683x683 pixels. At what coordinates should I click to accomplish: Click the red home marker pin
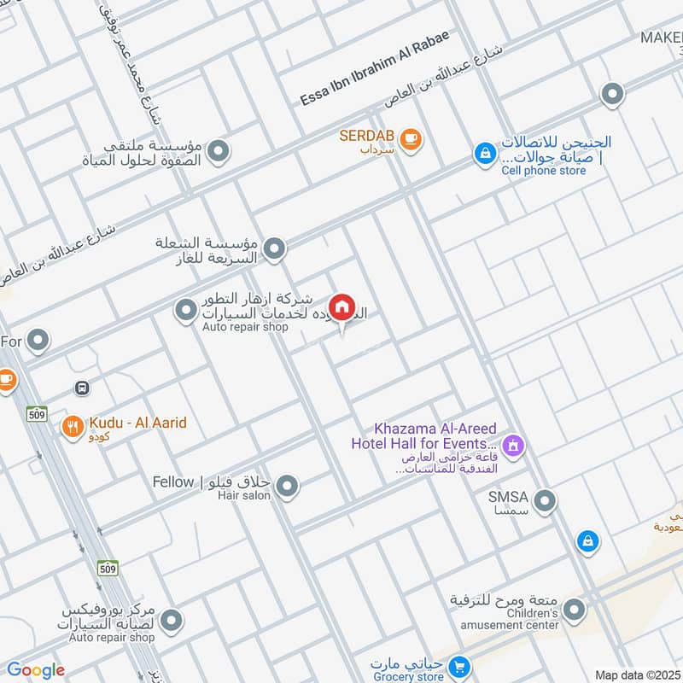[x=341, y=307]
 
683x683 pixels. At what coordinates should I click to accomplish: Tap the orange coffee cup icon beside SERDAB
[x=411, y=138]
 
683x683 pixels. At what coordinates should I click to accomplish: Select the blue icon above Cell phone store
[x=485, y=154]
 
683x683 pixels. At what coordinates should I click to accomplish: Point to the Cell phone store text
[x=544, y=171]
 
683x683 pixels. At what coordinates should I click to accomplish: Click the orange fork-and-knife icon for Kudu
[x=72, y=428]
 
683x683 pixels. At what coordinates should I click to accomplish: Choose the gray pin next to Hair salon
[x=288, y=487]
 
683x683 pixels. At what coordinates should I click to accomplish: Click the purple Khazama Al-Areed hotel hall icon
[x=513, y=444]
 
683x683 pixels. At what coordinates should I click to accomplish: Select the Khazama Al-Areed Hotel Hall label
[x=423, y=435]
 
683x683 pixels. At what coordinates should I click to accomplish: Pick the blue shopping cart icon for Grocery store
[x=460, y=665]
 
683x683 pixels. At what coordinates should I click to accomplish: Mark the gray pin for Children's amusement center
[x=575, y=610]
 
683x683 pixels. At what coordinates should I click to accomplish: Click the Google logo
[x=36, y=670]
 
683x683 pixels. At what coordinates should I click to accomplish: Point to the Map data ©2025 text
[x=636, y=674]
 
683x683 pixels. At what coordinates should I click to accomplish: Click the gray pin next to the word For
[x=38, y=341]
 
